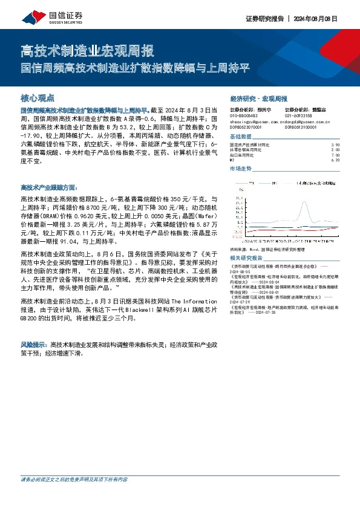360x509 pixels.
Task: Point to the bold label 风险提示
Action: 34,343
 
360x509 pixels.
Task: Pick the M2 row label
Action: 232,160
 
